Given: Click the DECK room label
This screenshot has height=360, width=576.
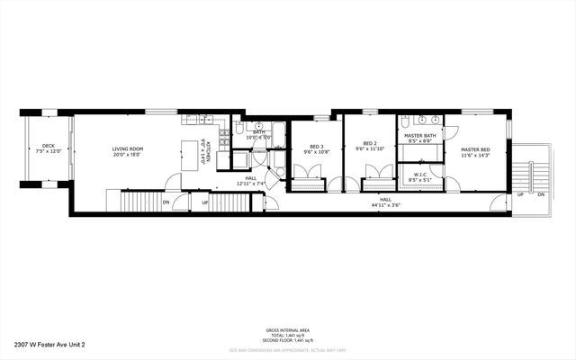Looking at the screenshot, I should (x=48, y=146).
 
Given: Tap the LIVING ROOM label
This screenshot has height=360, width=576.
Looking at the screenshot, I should (x=129, y=148).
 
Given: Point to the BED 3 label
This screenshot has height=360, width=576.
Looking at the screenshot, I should (x=316, y=147).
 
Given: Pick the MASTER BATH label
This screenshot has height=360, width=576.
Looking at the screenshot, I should (x=420, y=135).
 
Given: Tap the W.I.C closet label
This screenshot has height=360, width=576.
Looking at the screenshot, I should (x=420, y=175).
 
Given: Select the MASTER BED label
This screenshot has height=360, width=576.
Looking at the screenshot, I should (x=475, y=149).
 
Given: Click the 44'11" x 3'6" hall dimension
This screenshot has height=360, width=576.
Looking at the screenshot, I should (x=385, y=205).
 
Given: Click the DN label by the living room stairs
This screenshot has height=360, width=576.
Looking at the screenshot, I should (x=166, y=202).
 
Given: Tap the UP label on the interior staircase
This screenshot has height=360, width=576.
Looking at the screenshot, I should (x=205, y=202).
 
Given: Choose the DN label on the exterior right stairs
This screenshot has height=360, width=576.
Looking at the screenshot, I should (x=540, y=194).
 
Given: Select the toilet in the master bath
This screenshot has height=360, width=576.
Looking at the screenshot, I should (x=406, y=121).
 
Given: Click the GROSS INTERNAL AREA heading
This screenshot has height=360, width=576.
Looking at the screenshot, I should (x=288, y=330).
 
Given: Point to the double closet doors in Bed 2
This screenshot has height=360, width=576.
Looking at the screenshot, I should (x=376, y=171).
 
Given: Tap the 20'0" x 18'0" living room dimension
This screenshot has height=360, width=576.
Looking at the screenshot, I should (x=129, y=155).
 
